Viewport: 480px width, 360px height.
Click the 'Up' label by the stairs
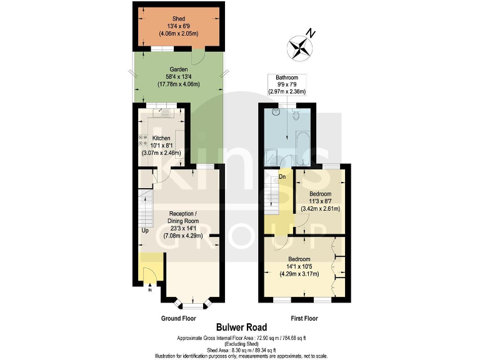point(145,231)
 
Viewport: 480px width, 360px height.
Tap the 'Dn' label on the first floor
point(282,177)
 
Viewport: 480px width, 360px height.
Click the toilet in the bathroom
point(298,114)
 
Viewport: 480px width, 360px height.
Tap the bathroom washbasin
point(276,113)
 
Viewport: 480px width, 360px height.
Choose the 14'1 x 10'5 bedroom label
point(299,264)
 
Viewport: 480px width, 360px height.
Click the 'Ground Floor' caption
point(178,318)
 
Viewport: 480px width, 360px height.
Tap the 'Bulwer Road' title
point(241,327)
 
